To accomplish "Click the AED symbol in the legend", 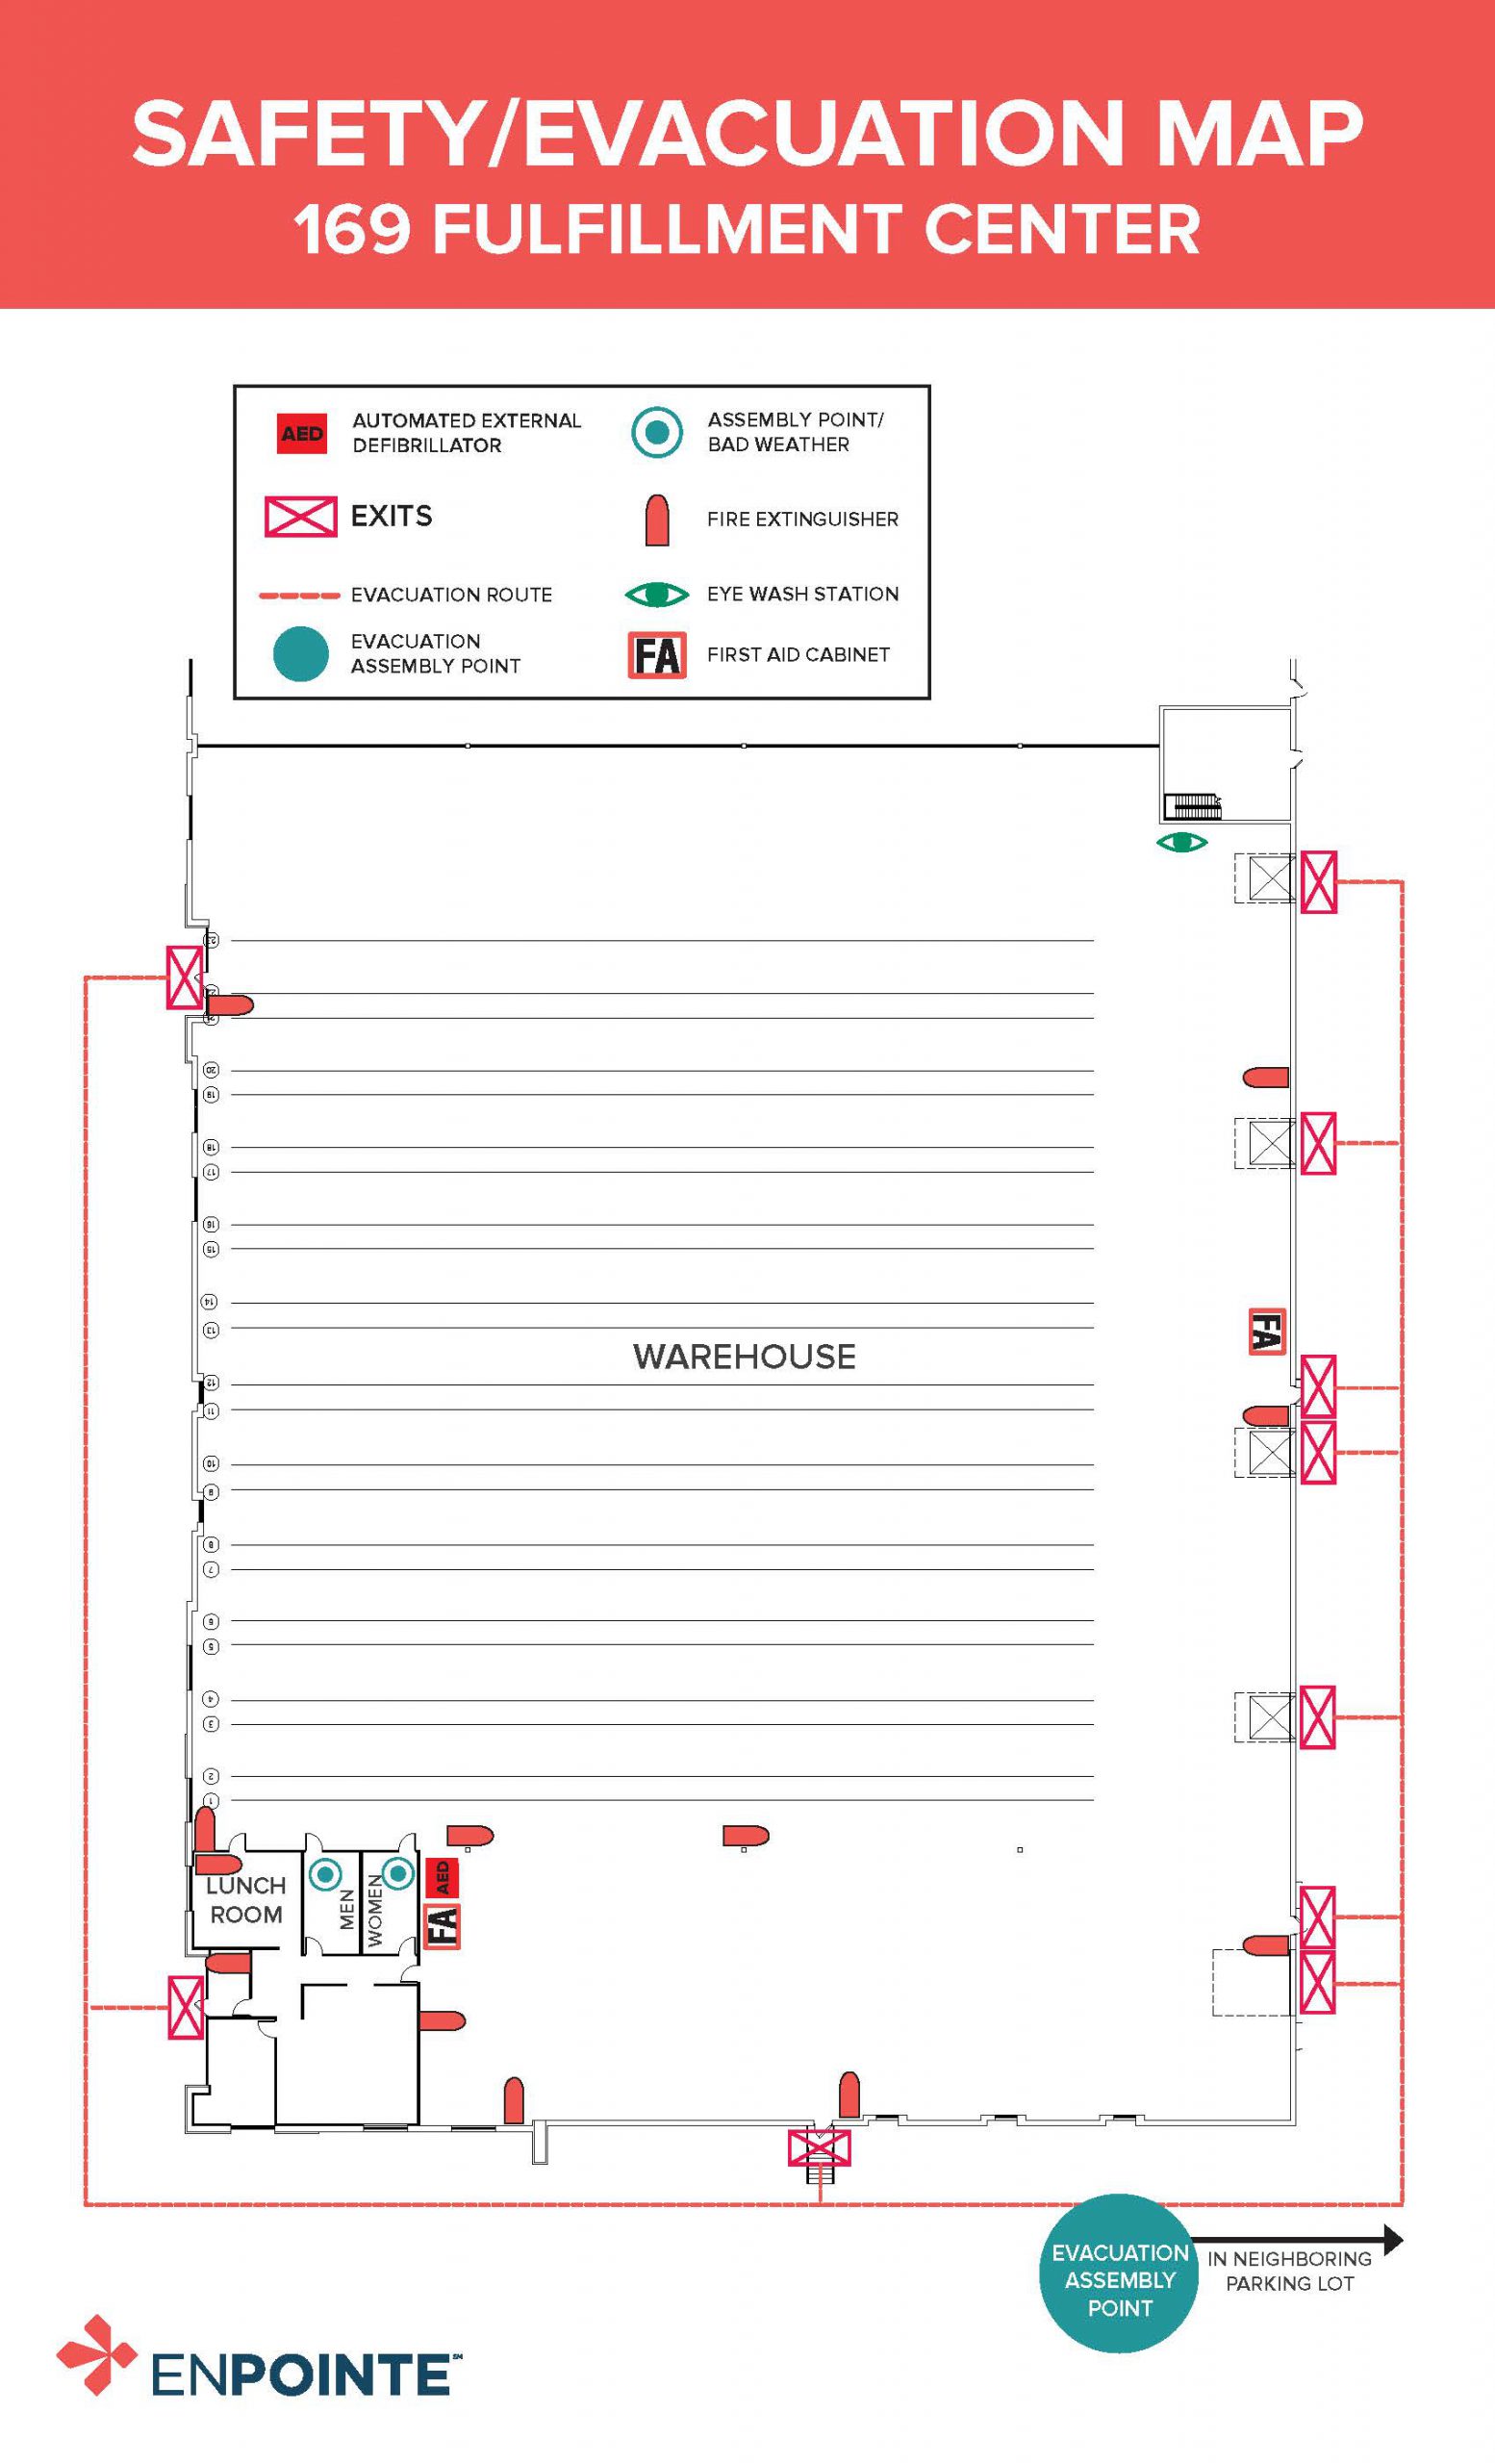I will pyautogui.click(x=301, y=434).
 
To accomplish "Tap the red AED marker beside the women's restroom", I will pyautogui.click(x=442, y=1877).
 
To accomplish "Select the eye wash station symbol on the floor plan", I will pyautogui.click(x=1181, y=843).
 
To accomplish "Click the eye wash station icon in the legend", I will pyautogui.click(x=655, y=595).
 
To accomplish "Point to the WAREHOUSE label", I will pyautogui.click(x=744, y=1357).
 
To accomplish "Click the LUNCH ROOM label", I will pyautogui.click(x=246, y=1899).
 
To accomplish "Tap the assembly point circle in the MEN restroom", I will pyautogui.click(x=325, y=1874).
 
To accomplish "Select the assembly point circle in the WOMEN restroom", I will pyautogui.click(x=396, y=1873).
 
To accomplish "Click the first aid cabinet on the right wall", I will pyautogui.click(x=1266, y=1332).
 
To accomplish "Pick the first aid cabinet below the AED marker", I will pyautogui.click(x=442, y=1925).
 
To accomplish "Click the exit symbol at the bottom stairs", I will pyautogui.click(x=820, y=2147).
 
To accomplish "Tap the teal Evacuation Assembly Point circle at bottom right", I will pyautogui.click(x=1119, y=2280).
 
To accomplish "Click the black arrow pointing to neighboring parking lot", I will pyautogui.click(x=1299, y=2239).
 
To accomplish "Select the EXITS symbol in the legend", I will pyautogui.click(x=300, y=517).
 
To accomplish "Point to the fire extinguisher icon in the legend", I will pyautogui.click(x=656, y=520).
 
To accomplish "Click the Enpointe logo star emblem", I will pyautogui.click(x=96, y=2354).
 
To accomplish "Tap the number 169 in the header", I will pyautogui.click(x=352, y=229).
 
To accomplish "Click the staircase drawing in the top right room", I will pyautogui.click(x=1193, y=805).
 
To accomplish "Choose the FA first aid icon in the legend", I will pyautogui.click(x=656, y=656).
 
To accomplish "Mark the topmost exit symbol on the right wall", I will pyautogui.click(x=1318, y=881).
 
